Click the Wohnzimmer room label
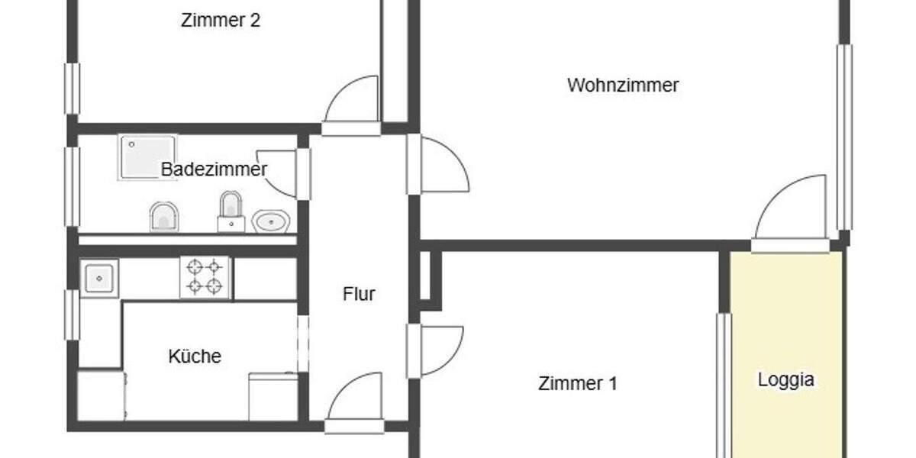click(622, 85)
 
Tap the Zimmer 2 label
click(220, 21)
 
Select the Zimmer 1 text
click(577, 383)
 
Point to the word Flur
click(359, 294)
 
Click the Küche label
click(195, 356)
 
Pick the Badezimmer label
click(214, 169)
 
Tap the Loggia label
click(785, 379)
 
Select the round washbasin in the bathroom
click(270, 221)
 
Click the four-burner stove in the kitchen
click(205, 277)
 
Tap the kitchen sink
click(99, 279)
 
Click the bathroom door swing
click(279, 172)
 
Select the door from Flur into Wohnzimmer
click(441, 164)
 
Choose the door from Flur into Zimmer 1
click(438, 350)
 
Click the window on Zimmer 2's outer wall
click(72, 88)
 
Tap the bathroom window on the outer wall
click(72, 185)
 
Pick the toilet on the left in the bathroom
click(163, 217)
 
